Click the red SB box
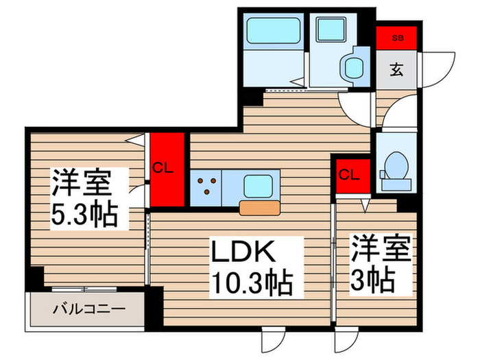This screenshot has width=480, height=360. (x=397, y=38)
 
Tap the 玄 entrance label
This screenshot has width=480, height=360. (x=397, y=69)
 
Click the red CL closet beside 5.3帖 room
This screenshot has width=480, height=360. (x=167, y=169)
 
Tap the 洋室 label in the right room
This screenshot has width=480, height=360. (x=381, y=248)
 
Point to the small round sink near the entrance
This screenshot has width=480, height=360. (x=355, y=66)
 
